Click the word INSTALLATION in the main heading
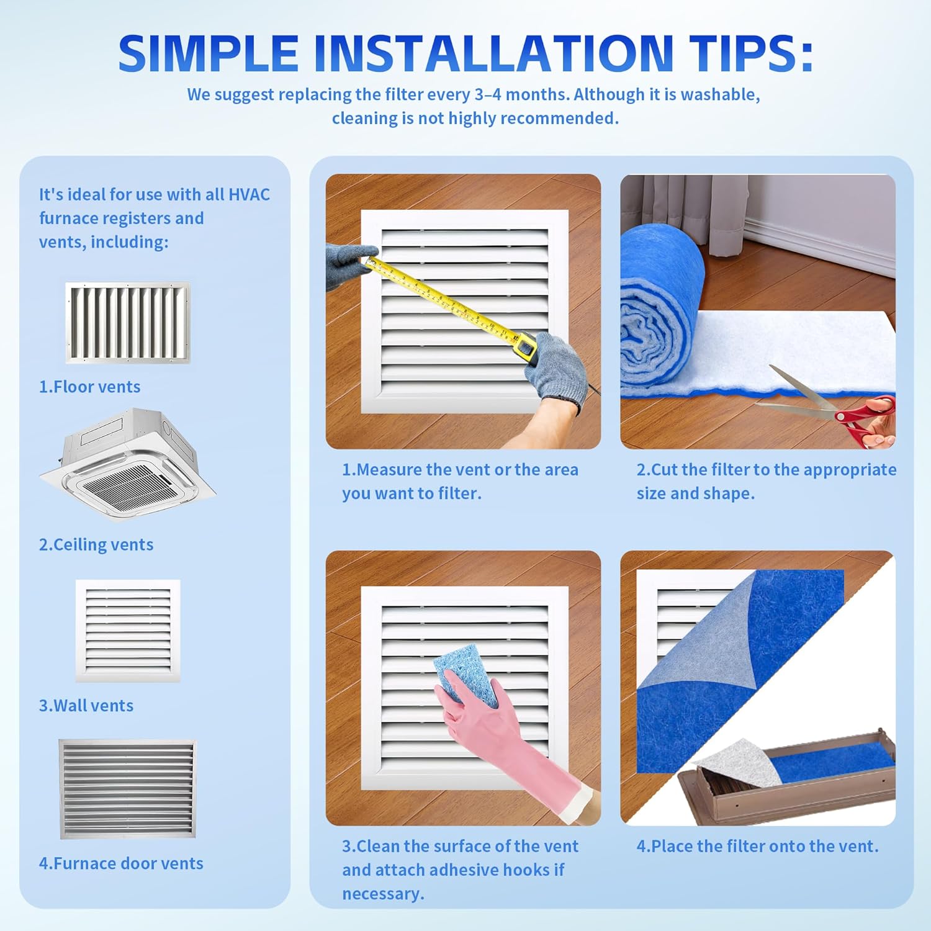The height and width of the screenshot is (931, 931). [x=493, y=54]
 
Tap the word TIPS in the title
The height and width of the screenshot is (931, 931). [x=751, y=54]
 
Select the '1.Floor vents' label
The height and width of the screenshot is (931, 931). [x=90, y=387]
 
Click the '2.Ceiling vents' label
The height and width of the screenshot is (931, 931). [x=96, y=544]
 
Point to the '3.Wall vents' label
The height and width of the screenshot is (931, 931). [x=86, y=706]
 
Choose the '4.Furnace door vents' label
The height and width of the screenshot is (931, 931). [x=121, y=863]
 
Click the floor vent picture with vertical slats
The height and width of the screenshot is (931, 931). [x=128, y=322]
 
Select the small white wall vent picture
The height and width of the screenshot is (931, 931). [x=128, y=630]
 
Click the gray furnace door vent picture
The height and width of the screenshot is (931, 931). [x=127, y=788]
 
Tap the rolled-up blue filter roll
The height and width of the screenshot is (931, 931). [x=658, y=310]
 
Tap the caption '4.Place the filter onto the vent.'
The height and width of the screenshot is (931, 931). [x=757, y=846]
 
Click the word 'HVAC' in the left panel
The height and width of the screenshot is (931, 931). [x=250, y=194]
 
